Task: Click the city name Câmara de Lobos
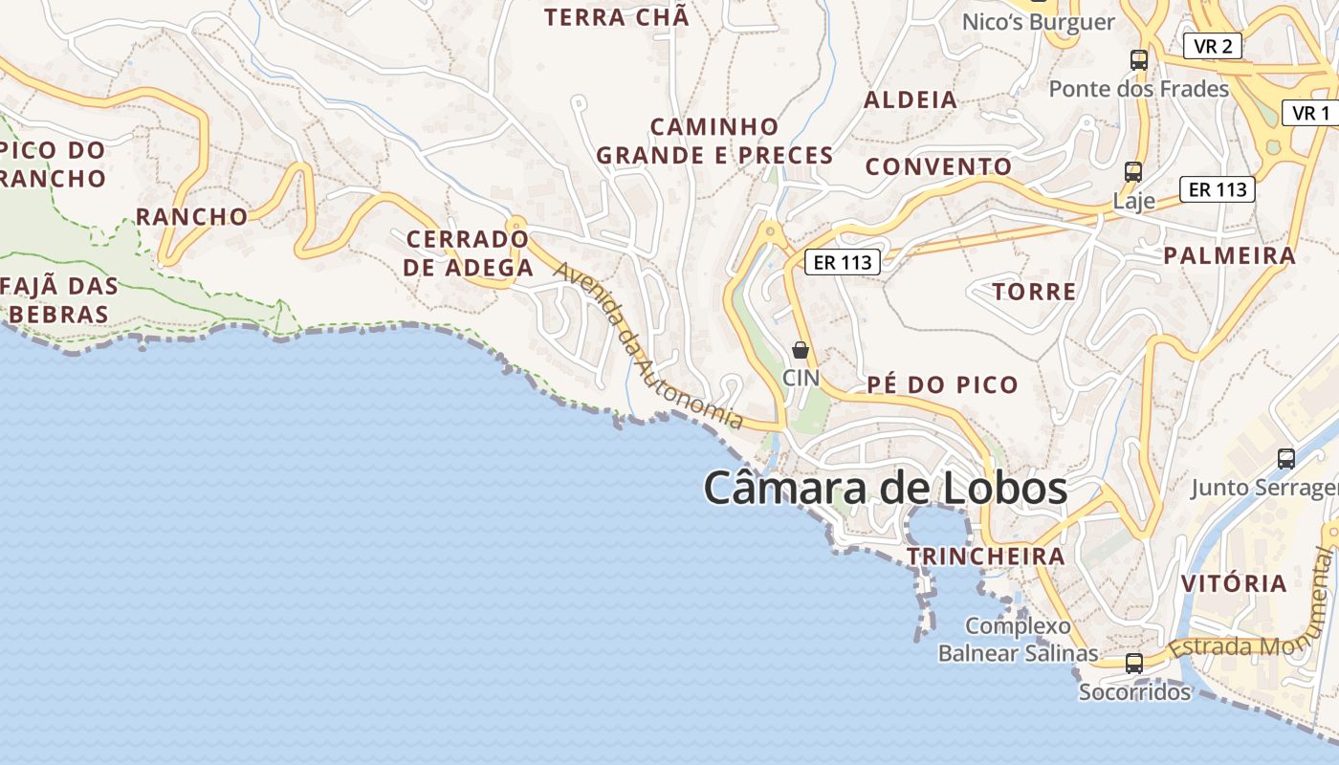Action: click(885, 488)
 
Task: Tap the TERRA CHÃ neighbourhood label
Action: click(616, 17)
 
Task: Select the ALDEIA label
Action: click(911, 99)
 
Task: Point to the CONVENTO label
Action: click(938, 166)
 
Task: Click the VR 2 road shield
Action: click(1213, 46)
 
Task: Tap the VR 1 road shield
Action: click(1310, 113)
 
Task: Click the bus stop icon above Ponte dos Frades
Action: click(1138, 59)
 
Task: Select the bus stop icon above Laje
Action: click(1133, 172)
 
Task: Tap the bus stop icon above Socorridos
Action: click(1134, 663)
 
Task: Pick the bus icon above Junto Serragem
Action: click(1286, 459)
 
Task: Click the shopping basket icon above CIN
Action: click(801, 351)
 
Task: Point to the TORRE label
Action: click(1034, 292)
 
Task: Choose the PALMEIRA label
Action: click(1229, 255)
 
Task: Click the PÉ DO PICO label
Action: click(942, 385)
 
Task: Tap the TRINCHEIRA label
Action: click(985, 557)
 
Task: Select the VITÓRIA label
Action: click(1234, 583)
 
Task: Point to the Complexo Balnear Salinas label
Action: click(1018, 640)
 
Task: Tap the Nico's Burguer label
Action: click(1039, 22)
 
